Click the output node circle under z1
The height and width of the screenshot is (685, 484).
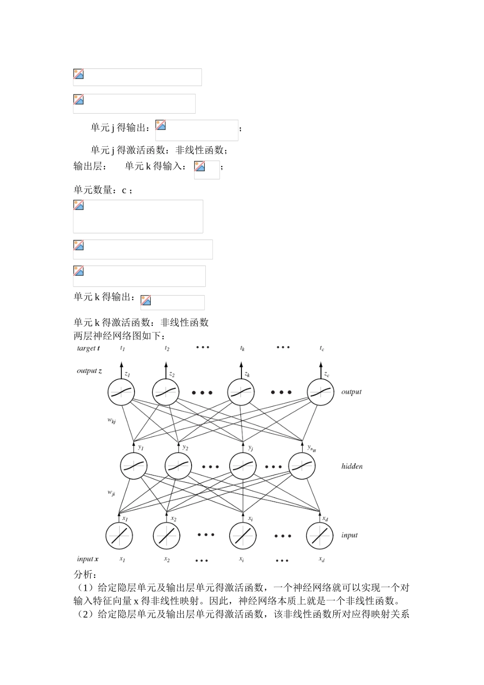(121, 392)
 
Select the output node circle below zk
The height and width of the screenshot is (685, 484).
(240, 392)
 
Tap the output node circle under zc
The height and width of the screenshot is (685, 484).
(320, 392)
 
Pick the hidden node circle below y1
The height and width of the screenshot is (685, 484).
(134, 466)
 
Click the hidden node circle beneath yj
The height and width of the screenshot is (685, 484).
(243, 466)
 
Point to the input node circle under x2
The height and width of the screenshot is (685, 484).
(167, 535)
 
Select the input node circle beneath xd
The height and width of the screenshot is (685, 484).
(319, 535)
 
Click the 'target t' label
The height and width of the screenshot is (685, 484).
(88, 349)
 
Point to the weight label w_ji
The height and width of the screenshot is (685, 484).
(111, 493)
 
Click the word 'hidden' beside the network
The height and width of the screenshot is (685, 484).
(352, 466)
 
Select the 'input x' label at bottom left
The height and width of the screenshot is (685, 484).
(88, 559)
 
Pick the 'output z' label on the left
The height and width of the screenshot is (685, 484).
(89, 371)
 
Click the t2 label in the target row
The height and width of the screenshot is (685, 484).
(167, 349)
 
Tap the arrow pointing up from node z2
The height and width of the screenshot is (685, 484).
(166, 370)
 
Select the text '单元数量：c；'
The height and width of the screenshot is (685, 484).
(103, 190)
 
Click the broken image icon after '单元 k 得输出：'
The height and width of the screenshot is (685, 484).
(146, 301)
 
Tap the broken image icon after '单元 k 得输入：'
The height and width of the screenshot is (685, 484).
(200, 166)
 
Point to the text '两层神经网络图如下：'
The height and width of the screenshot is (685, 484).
(119, 336)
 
